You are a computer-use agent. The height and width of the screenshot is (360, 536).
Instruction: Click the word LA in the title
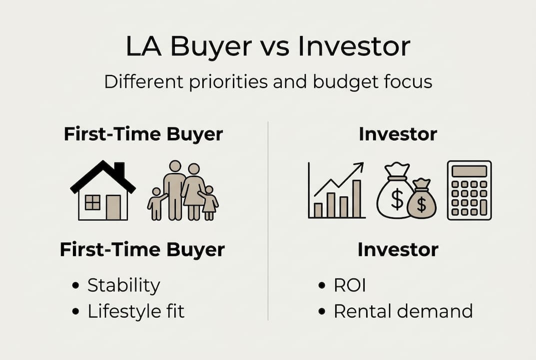(x=143, y=46)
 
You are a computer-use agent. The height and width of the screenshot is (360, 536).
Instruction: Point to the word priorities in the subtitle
(x=228, y=82)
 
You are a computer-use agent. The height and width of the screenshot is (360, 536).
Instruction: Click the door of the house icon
(x=113, y=207)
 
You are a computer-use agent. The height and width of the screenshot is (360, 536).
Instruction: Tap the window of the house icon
(x=92, y=202)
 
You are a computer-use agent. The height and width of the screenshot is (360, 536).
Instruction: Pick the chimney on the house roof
(x=119, y=169)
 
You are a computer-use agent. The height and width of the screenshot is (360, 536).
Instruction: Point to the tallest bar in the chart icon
(x=357, y=199)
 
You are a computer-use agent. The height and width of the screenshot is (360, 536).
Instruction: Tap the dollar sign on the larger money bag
(x=397, y=199)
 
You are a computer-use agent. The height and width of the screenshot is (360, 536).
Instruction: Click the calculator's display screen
(x=470, y=171)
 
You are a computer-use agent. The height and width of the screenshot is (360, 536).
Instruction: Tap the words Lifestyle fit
(x=136, y=311)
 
